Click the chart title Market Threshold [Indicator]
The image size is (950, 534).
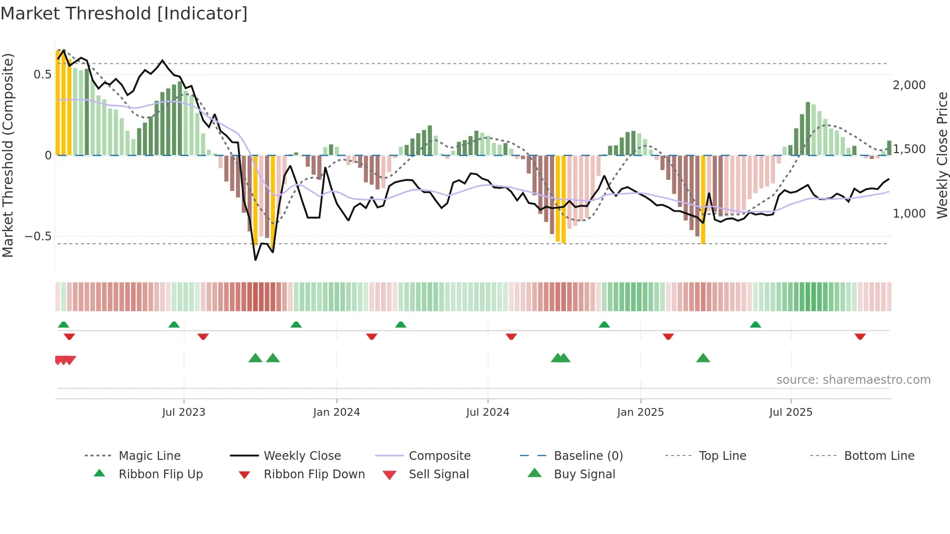pos(124,14)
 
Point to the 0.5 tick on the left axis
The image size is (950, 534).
pos(42,75)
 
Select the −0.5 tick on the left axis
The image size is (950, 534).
pos(38,236)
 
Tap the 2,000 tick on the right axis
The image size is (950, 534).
pos(909,85)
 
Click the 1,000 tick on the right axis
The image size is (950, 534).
pos(909,213)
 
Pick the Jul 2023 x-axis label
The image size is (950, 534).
pos(184,412)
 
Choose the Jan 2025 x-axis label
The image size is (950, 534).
pos(640,412)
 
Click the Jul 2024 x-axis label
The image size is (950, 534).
pos(488,412)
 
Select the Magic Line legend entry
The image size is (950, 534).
pos(149,456)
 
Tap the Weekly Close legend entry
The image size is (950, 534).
pos(302,456)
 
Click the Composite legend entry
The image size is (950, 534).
pos(440,456)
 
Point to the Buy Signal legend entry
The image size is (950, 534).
pos(584,474)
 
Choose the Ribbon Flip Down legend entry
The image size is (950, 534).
pos(314,474)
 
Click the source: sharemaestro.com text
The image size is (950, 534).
pos(853,380)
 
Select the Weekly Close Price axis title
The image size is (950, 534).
pos(942,155)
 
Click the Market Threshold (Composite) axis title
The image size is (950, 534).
pos(8,155)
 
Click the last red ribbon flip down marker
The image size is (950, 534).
pos(860,336)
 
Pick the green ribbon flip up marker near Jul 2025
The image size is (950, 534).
pos(755,325)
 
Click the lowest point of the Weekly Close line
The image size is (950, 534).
pos(255,260)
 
